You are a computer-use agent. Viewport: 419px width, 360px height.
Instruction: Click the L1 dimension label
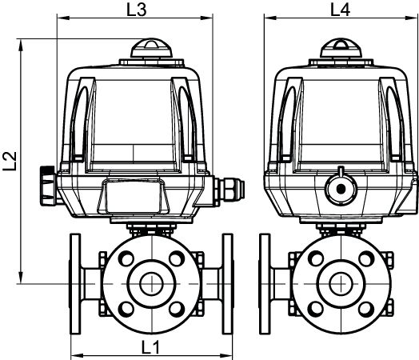click(150, 347)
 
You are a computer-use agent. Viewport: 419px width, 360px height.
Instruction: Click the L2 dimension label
click(10, 161)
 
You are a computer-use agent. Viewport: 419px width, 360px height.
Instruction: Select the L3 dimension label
click(136, 10)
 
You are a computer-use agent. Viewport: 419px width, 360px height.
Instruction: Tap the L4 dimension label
click(340, 10)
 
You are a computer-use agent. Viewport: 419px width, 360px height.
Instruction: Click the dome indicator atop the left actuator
click(151, 48)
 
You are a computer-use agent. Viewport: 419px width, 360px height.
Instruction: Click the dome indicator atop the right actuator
click(341, 48)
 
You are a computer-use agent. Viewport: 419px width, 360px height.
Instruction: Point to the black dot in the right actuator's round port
click(341, 190)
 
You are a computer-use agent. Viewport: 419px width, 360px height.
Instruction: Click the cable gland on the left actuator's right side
click(229, 190)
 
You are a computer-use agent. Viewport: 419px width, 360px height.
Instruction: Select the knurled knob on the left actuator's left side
click(48, 186)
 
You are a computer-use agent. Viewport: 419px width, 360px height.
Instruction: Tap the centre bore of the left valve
click(151, 284)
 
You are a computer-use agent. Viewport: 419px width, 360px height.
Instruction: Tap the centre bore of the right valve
click(341, 284)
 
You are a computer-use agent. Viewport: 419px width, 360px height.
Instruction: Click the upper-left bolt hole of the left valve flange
click(126, 258)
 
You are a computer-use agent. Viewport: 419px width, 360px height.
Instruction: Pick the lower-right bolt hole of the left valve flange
click(177, 309)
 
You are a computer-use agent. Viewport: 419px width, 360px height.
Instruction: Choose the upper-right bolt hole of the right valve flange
click(366, 258)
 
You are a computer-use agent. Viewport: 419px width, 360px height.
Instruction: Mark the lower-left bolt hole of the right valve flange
click(316, 309)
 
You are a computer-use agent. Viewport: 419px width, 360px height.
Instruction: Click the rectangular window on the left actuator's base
click(134, 197)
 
